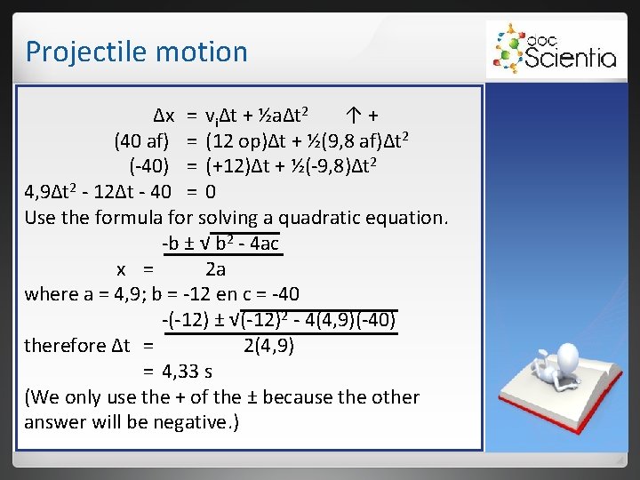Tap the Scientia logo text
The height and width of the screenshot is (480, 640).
click(569, 58)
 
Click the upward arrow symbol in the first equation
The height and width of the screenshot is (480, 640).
click(353, 115)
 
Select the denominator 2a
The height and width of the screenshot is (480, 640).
click(216, 268)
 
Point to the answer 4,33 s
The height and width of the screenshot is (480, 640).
click(187, 371)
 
